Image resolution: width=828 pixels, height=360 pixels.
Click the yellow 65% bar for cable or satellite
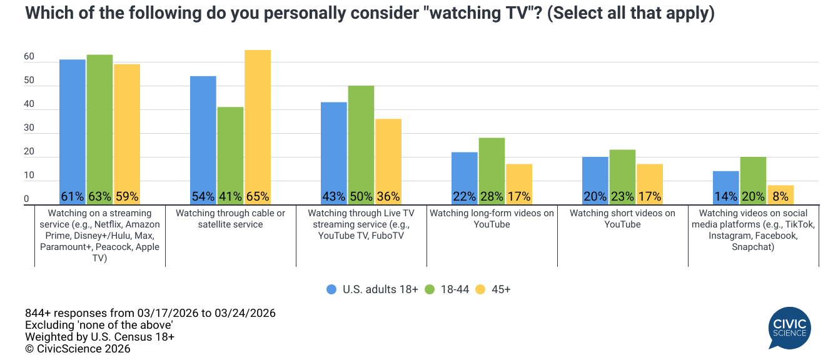tap(258, 125)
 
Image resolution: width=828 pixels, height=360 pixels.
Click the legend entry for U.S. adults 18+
tap(372, 289)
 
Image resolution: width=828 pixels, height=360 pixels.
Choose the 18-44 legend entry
tap(448, 289)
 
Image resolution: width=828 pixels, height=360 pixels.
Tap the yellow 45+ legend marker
tap(480, 289)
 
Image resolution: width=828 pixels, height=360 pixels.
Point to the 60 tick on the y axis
tap(29, 57)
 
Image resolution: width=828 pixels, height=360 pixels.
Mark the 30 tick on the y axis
tap(29, 128)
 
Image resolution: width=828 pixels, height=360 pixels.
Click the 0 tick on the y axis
tap(27, 199)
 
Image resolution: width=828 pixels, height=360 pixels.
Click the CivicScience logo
tap(790, 328)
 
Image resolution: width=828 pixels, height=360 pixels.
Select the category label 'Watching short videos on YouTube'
tap(622, 219)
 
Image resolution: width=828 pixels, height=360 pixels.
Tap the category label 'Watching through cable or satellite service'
tap(230, 219)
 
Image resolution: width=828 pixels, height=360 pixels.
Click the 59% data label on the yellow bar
tap(127, 196)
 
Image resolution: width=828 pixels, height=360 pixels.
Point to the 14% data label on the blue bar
tap(726, 196)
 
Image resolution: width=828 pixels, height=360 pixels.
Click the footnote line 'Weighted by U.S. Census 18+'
tap(99, 337)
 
